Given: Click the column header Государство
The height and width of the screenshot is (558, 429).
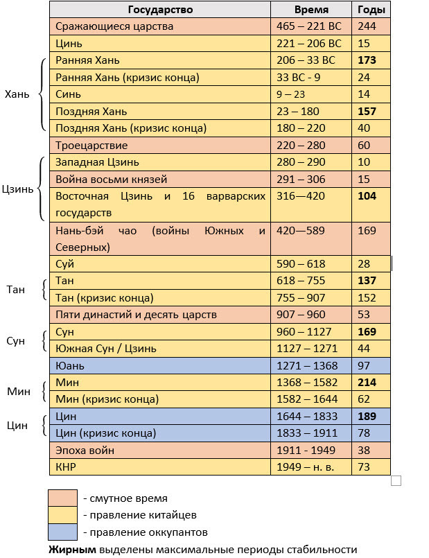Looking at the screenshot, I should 160,10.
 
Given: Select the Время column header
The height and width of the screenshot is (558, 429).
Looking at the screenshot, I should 311,10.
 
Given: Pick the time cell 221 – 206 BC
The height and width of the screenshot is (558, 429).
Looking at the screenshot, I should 306,43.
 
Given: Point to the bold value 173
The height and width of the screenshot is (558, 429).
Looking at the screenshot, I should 367,60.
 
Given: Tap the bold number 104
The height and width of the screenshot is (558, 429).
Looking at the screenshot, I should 367,196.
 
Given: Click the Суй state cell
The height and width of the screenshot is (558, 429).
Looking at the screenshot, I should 64,264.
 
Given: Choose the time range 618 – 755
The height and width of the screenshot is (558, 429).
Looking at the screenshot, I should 301,281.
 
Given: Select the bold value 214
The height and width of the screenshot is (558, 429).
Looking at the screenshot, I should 367,382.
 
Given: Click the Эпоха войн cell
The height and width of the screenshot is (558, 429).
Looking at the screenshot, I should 85,451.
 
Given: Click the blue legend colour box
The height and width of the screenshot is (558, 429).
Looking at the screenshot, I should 62,532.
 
